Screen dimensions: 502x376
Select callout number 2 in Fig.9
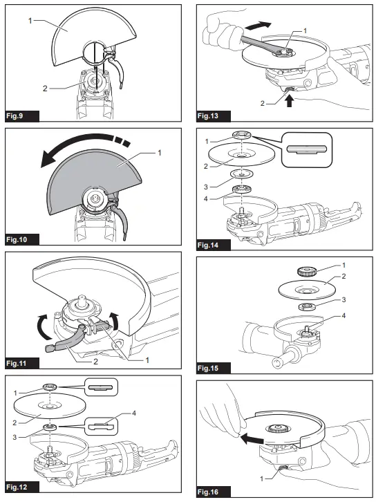point(46,89)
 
